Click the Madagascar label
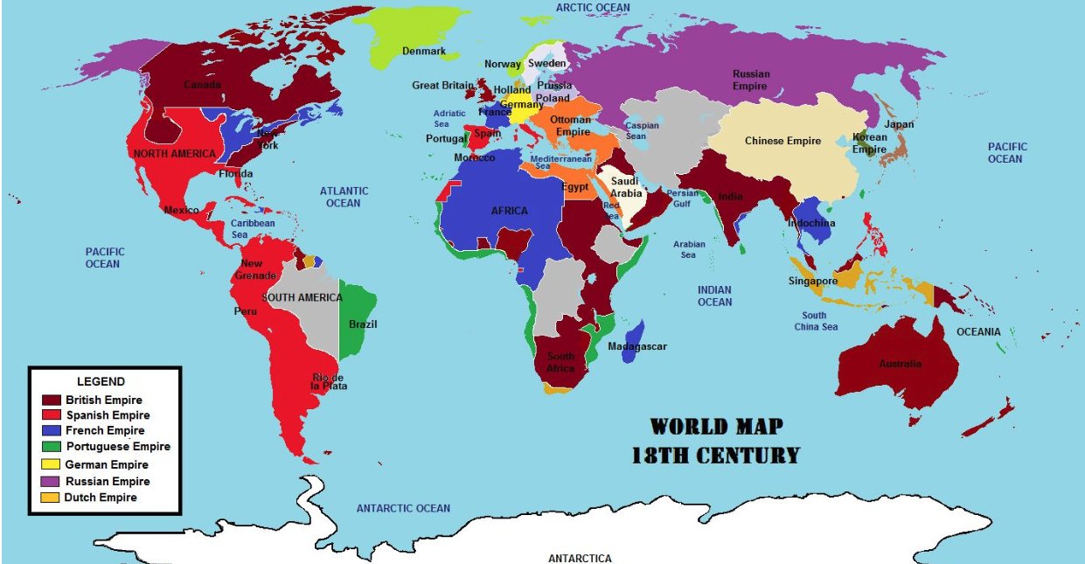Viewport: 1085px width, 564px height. coord(636,347)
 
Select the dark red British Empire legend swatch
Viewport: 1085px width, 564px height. coord(52,400)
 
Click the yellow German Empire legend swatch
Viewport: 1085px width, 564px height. coord(52,464)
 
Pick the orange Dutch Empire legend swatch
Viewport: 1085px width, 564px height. coord(52,498)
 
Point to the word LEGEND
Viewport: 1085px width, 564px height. coord(101,381)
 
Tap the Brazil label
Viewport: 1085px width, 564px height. coord(363,324)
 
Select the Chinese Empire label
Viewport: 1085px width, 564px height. coord(782,141)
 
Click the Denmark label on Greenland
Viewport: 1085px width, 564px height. coord(423,51)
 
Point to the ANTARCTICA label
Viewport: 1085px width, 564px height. coord(580,558)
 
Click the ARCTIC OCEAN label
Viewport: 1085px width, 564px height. coord(593,7)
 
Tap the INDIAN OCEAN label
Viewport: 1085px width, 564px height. coord(714,296)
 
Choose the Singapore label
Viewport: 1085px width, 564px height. coord(812,281)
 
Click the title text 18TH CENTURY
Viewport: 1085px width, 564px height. coord(715,455)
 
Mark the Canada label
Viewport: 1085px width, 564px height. coord(202,85)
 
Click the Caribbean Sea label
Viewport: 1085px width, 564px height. coord(253,229)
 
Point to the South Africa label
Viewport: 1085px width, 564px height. coord(561,362)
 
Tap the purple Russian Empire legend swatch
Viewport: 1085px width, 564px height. coord(52,481)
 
